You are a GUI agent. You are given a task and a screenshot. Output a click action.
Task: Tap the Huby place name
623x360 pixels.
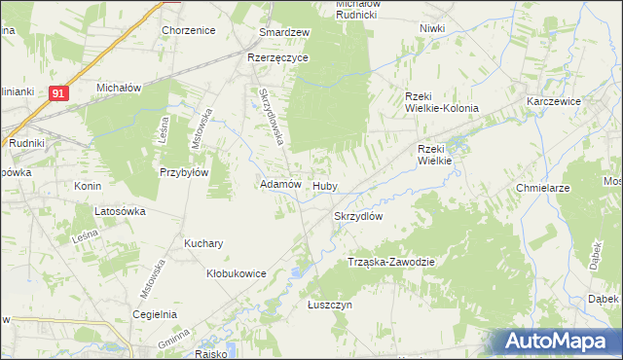point(324,185)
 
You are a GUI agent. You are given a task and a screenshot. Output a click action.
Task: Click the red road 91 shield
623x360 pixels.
point(59,93)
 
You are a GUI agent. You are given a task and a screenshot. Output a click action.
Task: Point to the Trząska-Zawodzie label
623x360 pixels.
point(390,263)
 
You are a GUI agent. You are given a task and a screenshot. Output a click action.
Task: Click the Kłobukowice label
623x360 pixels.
point(237,274)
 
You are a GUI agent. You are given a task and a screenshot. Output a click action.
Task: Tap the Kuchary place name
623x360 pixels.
point(204,243)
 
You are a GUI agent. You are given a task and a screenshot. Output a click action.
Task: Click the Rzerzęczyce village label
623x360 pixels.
point(277,58)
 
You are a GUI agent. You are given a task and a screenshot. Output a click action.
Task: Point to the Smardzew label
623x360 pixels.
point(284,32)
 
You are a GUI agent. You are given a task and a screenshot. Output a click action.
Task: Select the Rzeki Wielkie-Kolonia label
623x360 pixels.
point(441,101)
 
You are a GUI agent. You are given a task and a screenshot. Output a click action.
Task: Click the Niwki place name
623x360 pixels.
point(432,28)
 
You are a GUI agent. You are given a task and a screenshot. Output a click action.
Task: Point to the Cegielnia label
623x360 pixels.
point(156,314)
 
